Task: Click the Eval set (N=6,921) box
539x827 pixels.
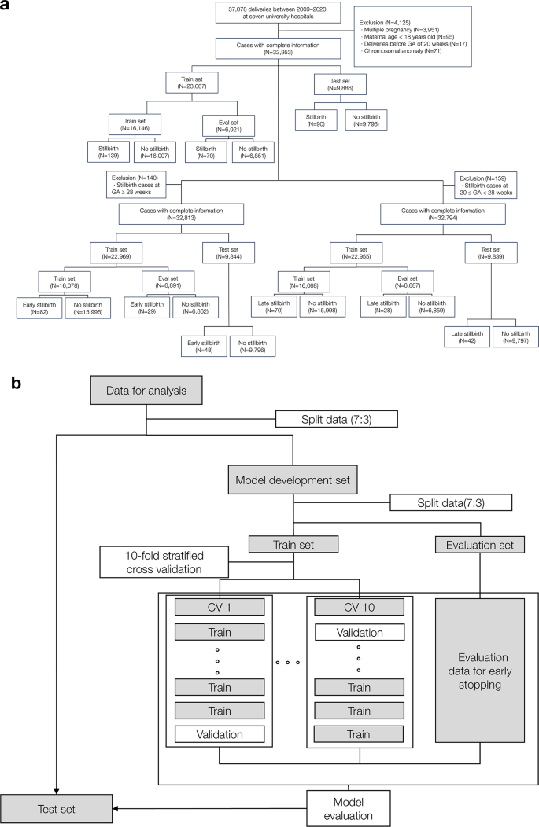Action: click(x=211, y=127)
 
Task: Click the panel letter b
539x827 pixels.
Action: click(x=14, y=383)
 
